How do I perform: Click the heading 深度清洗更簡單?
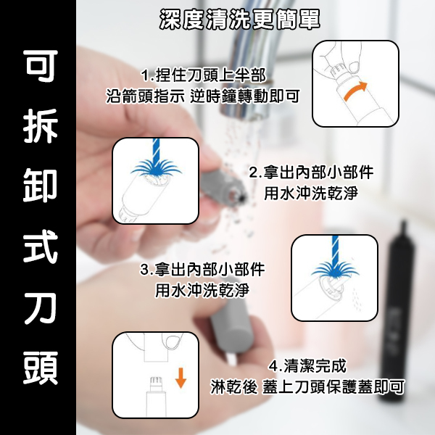tap(240, 20)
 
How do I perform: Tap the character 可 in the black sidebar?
tap(41, 66)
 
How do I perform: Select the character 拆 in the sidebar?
tap(41, 126)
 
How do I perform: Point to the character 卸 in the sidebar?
tap(41, 186)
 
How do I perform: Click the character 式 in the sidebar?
tap(41, 246)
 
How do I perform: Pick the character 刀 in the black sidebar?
tap(41, 307)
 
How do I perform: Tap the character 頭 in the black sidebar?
tap(41, 368)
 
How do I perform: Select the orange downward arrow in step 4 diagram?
tap(181, 378)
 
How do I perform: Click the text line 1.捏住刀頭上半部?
tap(203, 75)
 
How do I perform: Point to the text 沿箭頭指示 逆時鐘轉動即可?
tap(203, 96)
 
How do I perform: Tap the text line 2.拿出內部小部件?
tap(311, 173)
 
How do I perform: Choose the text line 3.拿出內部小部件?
tap(202, 270)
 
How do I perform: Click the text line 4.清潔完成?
tap(307, 366)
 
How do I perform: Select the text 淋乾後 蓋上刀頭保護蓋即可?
tap(307, 386)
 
